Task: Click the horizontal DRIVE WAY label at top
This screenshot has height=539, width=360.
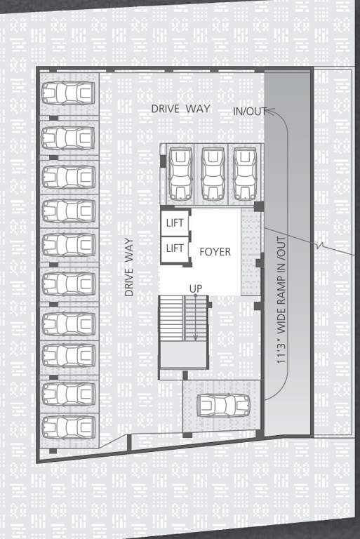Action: (181, 109)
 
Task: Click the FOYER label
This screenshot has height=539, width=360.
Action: (215, 251)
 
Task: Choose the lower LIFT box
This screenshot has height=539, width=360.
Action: (174, 248)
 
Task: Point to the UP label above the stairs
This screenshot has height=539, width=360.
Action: (196, 288)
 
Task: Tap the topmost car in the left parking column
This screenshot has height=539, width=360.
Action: (68, 93)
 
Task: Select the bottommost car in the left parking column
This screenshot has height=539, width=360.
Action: (68, 427)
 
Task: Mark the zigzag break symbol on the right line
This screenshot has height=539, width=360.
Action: (321, 246)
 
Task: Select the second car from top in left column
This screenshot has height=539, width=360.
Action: (68, 137)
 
